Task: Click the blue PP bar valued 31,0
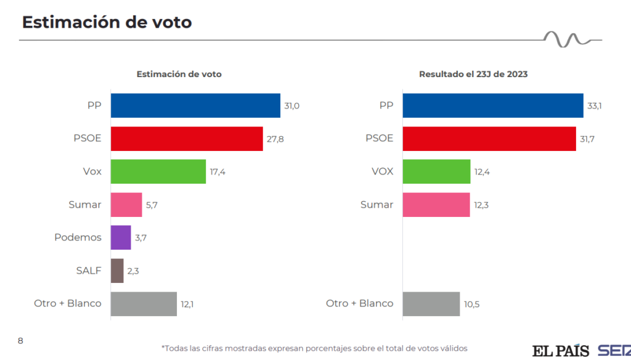coord(195,105)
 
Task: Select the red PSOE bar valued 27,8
coord(187,139)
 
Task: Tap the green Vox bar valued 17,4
coord(158,171)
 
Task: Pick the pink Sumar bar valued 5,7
coord(126,205)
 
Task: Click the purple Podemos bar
coord(121,237)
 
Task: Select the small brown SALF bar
coord(117,271)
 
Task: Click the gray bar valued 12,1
coord(144,304)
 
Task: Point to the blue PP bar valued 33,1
coord(492,105)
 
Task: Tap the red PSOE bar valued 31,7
coord(489,139)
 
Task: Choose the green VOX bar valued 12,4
coord(436,171)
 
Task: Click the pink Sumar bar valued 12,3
coord(436,205)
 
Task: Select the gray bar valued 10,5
coord(431,304)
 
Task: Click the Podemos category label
coord(78,237)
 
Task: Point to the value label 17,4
coord(218,172)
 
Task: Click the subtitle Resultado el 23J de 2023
coord(473,74)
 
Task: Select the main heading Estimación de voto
coord(107,22)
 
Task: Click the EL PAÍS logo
coord(561,350)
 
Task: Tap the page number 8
coord(20,340)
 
